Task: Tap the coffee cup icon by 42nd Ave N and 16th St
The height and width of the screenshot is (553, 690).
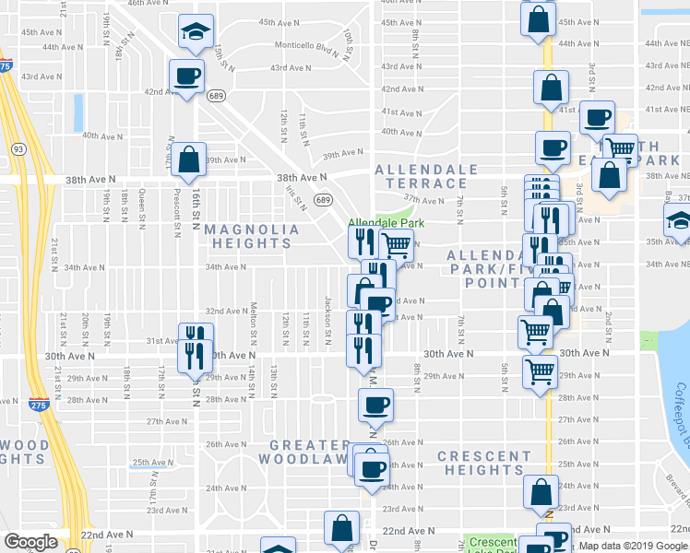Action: tap(185, 76)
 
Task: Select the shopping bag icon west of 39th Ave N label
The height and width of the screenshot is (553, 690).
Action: tap(189, 159)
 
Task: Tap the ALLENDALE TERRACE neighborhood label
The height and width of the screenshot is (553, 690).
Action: tap(427, 178)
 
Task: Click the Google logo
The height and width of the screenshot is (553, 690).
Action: tap(30, 542)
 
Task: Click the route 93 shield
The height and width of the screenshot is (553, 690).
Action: tap(18, 148)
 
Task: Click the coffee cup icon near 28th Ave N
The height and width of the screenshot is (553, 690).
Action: tap(375, 404)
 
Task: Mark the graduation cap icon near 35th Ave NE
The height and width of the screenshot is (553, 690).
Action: tap(680, 220)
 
